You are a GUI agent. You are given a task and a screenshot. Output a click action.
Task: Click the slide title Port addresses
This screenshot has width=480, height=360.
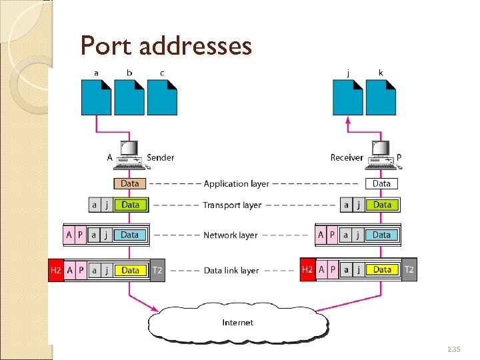166,46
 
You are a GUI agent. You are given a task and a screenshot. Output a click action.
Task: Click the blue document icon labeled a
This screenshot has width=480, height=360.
97,97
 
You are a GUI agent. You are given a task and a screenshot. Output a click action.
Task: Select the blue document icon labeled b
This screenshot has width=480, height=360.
129,97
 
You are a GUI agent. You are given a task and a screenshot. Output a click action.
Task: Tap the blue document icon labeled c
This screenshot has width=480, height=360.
162,97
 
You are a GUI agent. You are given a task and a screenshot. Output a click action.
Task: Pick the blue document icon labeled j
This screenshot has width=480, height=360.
347,97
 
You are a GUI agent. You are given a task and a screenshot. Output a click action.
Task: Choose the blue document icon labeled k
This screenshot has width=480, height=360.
381,97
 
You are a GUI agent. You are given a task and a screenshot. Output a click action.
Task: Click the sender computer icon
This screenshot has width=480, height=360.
129,155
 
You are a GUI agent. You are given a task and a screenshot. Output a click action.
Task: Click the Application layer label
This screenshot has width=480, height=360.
236,183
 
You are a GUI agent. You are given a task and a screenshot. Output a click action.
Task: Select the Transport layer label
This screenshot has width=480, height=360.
232,205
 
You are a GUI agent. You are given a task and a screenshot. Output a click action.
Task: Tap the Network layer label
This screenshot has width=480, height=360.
230,235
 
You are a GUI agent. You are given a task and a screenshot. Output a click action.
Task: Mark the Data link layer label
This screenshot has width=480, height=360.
231,271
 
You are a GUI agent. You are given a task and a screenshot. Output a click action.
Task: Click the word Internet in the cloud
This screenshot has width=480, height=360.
237,323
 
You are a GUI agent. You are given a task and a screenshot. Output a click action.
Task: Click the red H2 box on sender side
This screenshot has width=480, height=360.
56,270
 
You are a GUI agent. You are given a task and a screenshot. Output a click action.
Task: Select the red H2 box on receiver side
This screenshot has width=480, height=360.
307,269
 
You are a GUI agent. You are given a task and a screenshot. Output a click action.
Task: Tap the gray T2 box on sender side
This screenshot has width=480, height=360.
157,270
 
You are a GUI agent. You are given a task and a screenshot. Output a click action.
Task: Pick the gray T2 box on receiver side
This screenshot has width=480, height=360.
409,269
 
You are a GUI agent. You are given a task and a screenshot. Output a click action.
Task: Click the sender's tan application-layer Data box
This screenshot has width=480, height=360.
130,183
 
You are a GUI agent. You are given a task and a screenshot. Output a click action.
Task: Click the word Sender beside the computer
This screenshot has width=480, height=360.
160,158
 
